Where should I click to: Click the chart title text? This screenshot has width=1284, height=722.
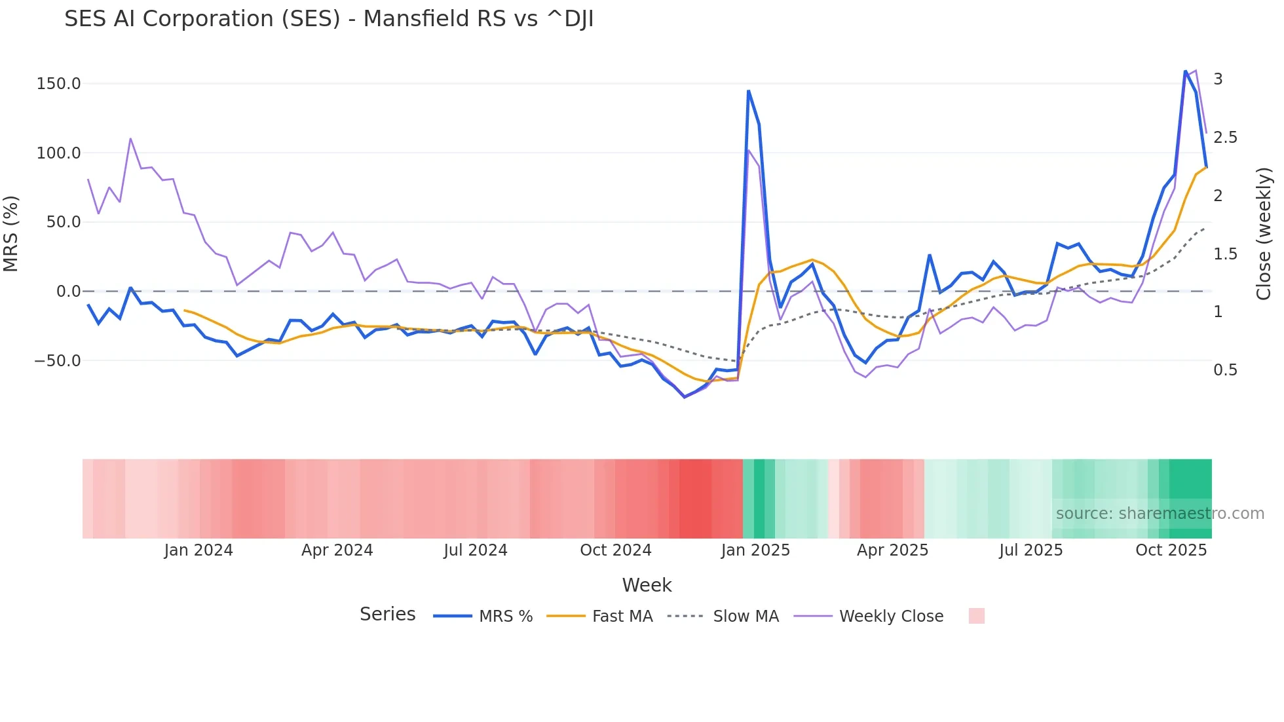point(329,19)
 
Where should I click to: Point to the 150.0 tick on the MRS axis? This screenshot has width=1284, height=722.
point(58,84)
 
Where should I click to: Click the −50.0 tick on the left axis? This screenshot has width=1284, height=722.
point(57,361)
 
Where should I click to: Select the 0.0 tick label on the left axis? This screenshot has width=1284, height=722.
point(68,292)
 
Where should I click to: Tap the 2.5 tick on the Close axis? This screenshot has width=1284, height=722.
point(1225,138)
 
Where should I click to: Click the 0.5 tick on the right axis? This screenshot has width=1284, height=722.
point(1225,370)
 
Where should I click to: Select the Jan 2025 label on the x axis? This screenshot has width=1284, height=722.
point(755,550)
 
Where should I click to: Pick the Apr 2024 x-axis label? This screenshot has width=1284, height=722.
point(337,550)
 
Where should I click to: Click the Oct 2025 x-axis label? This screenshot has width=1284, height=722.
point(1171,550)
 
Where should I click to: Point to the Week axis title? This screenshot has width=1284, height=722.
point(647,585)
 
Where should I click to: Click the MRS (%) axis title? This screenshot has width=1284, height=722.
point(11,234)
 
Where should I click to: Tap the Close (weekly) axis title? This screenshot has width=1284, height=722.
point(1264,234)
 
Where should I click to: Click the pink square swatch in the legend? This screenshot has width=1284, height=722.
point(976,616)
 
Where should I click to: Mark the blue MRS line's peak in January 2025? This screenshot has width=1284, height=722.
point(748,91)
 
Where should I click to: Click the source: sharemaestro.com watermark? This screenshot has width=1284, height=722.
point(1160,514)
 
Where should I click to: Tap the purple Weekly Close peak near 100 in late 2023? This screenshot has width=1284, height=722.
point(130,139)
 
